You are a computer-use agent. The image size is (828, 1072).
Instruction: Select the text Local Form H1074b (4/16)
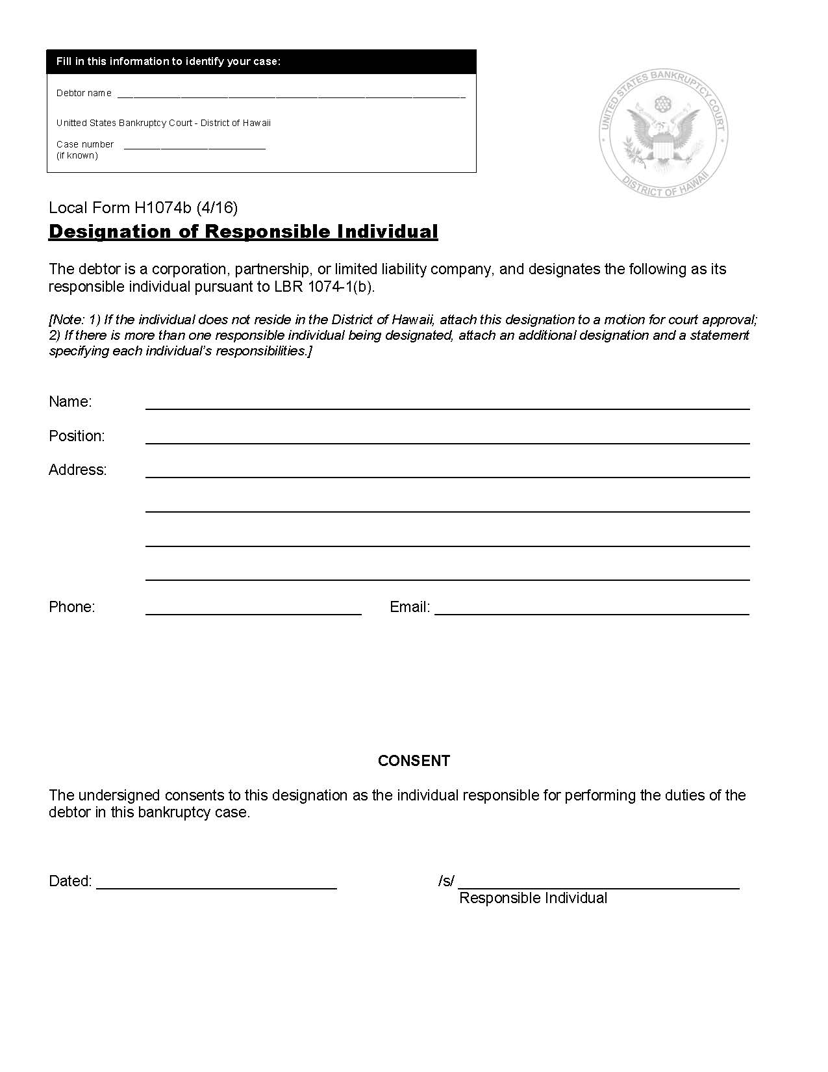(144, 208)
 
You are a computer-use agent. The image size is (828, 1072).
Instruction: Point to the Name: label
(70, 402)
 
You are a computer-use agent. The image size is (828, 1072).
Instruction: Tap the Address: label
(78, 470)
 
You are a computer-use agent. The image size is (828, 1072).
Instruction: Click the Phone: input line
(253, 610)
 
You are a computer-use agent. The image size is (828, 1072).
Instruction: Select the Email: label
(410, 607)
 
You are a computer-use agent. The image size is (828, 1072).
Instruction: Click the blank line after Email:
(592, 610)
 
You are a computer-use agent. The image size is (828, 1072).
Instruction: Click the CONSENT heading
(414, 761)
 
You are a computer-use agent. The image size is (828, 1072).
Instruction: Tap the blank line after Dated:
(216, 884)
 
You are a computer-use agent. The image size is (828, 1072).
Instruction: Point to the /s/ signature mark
(446, 882)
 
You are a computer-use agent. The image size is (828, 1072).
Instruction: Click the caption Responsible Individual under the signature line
(533, 899)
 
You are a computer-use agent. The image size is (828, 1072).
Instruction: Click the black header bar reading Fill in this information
(261, 62)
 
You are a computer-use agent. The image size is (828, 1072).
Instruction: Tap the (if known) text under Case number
(77, 156)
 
